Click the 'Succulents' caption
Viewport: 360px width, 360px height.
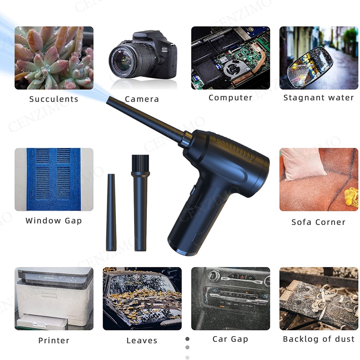[x=54, y=99]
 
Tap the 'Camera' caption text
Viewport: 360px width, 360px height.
[x=142, y=99]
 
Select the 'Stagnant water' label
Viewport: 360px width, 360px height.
[x=319, y=98]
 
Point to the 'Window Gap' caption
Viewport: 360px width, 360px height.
[x=54, y=221]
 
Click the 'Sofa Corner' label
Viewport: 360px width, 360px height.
[x=319, y=222]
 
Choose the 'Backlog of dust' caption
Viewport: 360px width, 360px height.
[x=319, y=339]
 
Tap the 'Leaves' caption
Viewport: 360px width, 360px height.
[x=142, y=340]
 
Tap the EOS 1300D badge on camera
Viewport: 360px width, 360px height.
[x=165, y=50]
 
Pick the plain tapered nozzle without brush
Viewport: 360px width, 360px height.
[x=111, y=212]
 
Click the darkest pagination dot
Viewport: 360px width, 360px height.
[x=187, y=339]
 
